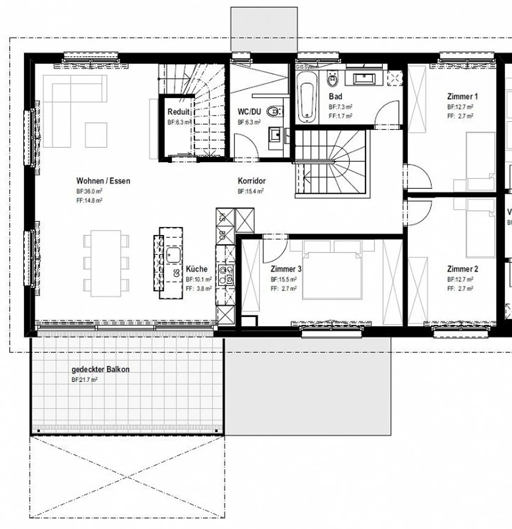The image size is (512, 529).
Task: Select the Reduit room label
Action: pos(178,112)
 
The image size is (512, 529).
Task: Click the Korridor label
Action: pos(252,181)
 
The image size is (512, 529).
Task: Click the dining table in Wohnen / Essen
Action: pos(106,263)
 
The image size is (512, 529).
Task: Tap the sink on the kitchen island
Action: pos(174,255)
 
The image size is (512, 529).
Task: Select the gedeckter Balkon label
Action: pos(101,370)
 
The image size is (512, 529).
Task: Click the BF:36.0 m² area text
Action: pos(89,191)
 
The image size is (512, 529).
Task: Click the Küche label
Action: pos(196,269)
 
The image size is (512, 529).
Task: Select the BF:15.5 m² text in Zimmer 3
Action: pos(283,280)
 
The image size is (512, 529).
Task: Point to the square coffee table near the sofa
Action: pos(96,135)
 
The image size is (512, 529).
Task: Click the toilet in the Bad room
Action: pos(333,80)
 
